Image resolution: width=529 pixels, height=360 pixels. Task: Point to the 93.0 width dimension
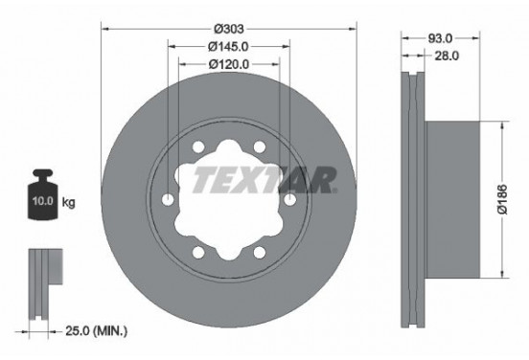[x=440, y=39]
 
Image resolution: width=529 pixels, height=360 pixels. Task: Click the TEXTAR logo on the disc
[x=264, y=179]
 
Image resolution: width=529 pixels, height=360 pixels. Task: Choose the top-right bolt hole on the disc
[x=259, y=148]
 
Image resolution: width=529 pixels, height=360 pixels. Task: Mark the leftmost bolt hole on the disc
[x=170, y=199]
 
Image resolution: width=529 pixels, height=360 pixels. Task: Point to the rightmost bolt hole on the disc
[x=288, y=199]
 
